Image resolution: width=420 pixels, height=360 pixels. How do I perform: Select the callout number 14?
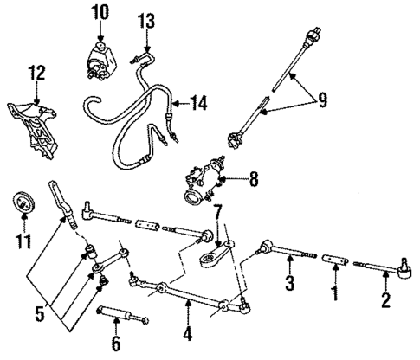[199, 103]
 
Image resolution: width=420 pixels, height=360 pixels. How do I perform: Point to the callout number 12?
[35, 72]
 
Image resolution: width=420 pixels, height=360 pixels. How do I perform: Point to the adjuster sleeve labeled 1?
[334, 259]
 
